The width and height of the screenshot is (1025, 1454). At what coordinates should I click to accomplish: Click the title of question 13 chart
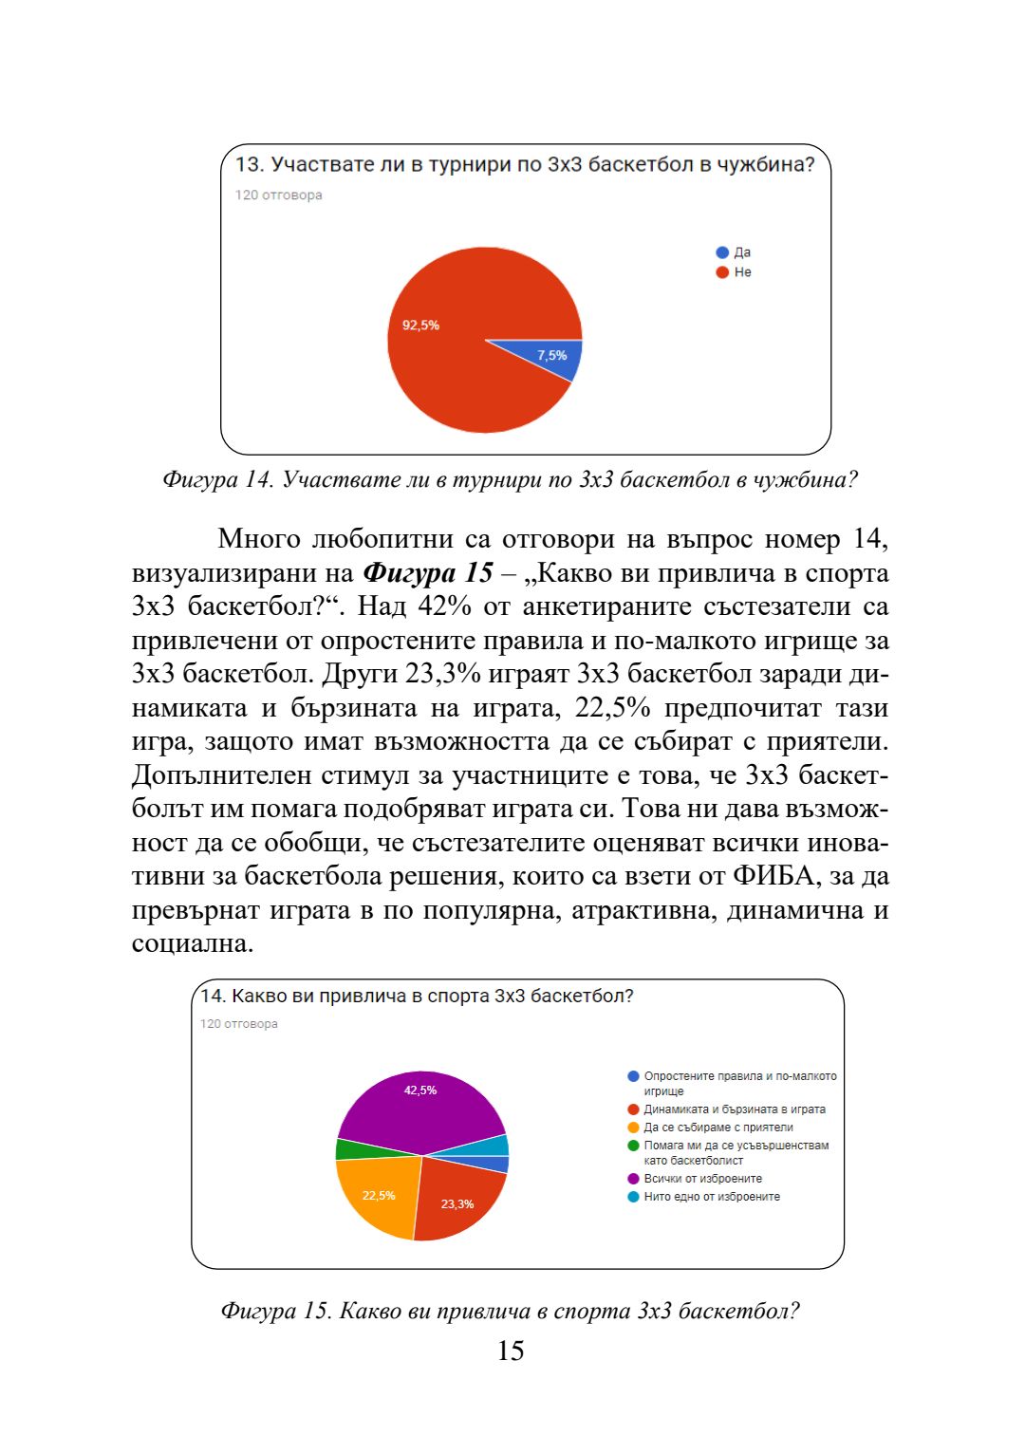coord(524,164)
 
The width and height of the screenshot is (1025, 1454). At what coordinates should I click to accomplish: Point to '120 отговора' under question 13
coord(279,196)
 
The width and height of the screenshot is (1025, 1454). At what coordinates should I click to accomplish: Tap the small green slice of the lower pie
coord(349,1149)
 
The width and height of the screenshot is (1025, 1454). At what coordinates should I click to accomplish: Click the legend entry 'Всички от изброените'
coord(702,1179)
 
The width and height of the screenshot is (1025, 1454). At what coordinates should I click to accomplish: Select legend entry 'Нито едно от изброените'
coord(711,1197)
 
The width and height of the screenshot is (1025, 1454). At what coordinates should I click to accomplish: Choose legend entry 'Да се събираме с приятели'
coord(717,1128)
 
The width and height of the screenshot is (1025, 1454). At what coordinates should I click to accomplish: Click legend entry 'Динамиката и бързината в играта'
coord(734,1109)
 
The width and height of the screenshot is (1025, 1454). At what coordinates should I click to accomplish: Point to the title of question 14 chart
coord(417,997)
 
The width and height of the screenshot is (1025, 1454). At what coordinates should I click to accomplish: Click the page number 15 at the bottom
coord(511,1351)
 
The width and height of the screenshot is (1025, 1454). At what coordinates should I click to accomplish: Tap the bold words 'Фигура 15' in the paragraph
coord(428,573)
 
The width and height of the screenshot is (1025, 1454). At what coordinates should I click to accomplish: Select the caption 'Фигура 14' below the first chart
coord(217,480)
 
